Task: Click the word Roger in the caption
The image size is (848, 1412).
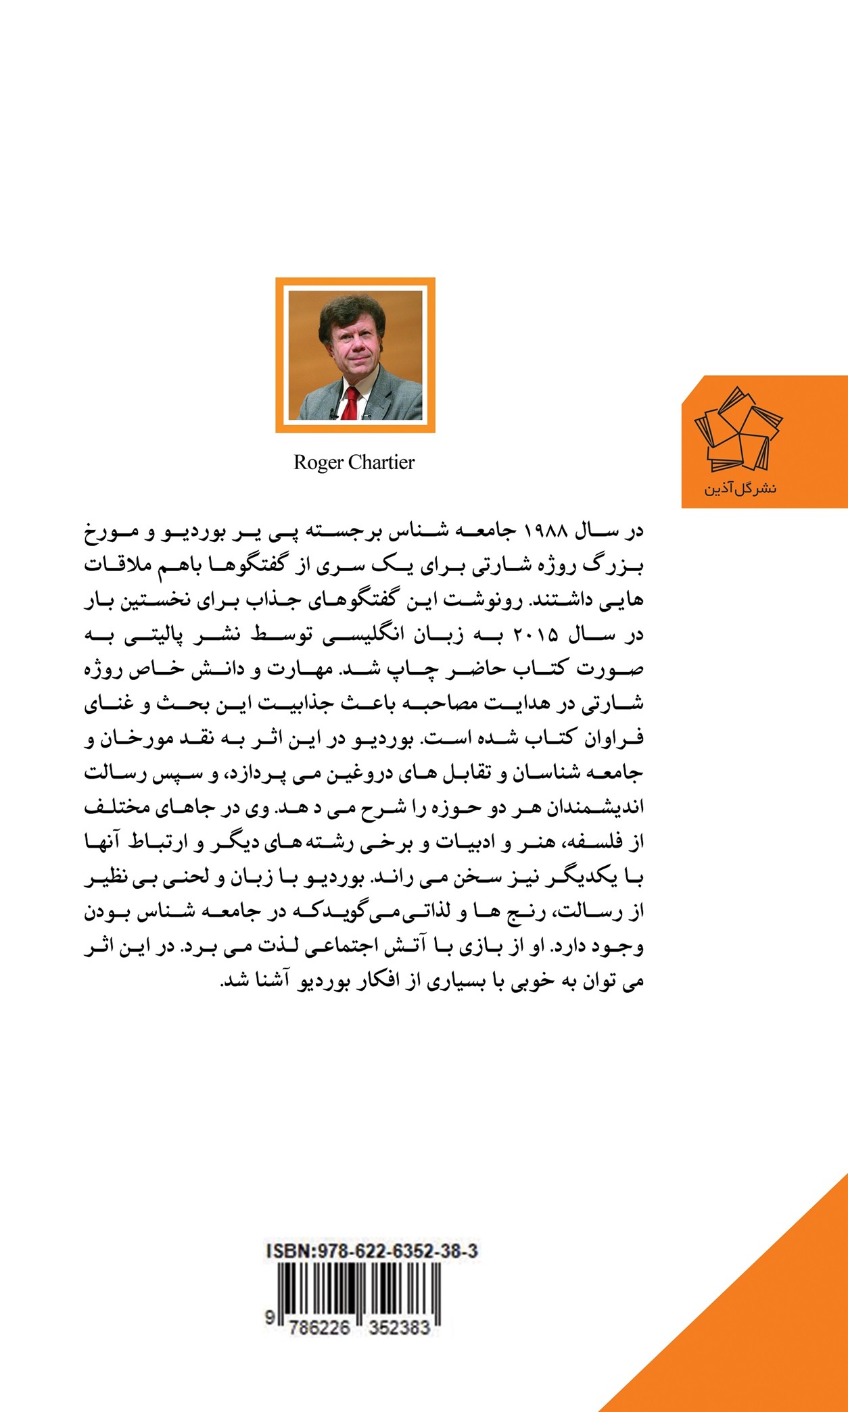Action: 319,463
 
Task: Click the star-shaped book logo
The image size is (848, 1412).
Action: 738,430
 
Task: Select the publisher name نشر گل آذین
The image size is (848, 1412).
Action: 740,488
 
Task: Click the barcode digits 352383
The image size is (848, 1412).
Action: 400,1328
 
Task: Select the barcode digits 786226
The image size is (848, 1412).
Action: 319,1328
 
